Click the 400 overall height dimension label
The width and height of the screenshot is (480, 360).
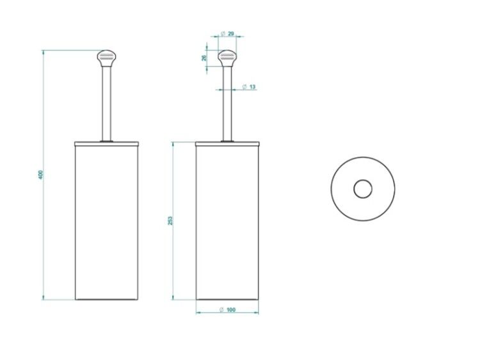point(41,175)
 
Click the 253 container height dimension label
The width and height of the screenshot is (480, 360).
point(170,221)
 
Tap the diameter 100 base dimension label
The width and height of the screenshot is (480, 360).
point(228,309)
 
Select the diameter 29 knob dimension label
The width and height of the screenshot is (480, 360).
point(227,33)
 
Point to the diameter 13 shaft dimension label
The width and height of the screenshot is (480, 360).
point(249,87)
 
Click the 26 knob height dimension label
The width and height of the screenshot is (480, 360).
point(205,58)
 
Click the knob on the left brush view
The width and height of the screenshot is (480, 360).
point(107,58)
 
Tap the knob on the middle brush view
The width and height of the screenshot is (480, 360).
point(227,58)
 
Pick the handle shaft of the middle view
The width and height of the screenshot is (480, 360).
point(227,104)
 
